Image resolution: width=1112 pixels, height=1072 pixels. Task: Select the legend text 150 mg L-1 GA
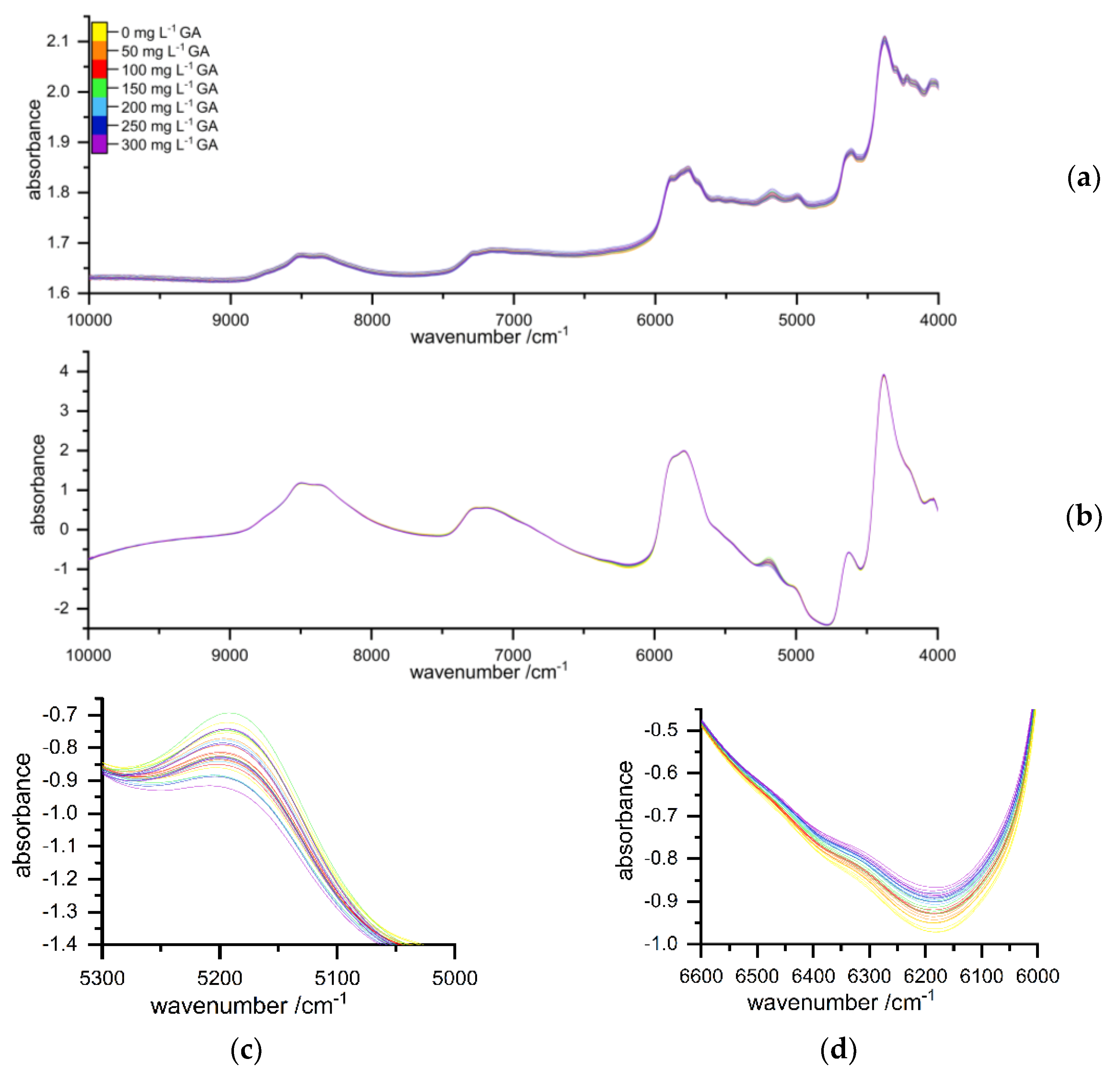click(169, 89)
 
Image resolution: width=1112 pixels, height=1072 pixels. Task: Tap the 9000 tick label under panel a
click(230, 320)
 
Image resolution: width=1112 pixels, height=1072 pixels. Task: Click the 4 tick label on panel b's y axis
click(64, 372)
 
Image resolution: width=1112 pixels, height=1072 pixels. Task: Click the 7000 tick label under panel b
click(513, 655)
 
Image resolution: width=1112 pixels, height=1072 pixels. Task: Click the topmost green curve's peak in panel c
click(230, 713)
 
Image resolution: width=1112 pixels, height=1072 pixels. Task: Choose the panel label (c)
click(246, 1050)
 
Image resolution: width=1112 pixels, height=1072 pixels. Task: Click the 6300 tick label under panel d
click(869, 976)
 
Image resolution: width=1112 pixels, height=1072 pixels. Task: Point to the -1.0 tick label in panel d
click(661, 944)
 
